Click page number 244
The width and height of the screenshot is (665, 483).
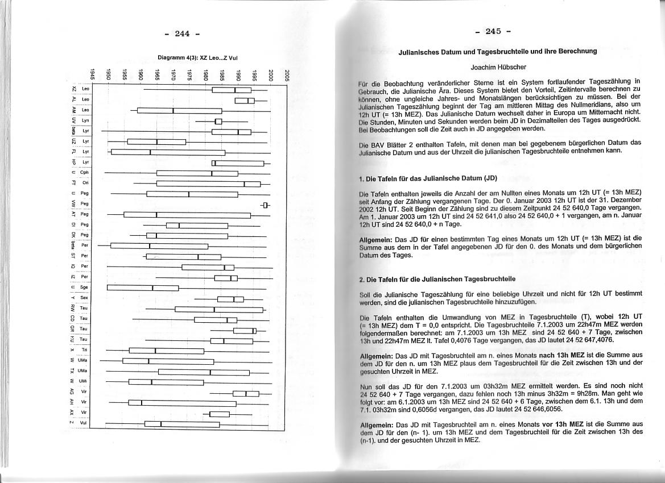(x=182, y=34)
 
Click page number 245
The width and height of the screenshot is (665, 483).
(x=497, y=31)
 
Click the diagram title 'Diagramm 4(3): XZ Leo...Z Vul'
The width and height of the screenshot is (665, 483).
(x=197, y=57)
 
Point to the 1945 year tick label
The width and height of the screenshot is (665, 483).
(x=92, y=74)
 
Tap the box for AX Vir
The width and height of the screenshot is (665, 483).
(x=220, y=413)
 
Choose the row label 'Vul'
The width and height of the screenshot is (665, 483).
(x=84, y=423)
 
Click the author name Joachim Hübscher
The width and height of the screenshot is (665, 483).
(x=498, y=67)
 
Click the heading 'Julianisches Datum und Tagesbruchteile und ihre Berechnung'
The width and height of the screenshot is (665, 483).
(x=498, y=51)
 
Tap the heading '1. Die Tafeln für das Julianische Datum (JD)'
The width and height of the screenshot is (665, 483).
(x=428, y=178)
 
